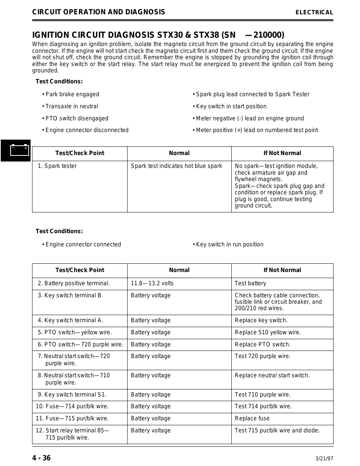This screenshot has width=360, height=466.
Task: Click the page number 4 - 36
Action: (x=41, y=458)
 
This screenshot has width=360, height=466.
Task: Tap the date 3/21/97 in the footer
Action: (x=324, y=459)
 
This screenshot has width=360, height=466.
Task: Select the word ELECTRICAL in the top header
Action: (x=314, y=12)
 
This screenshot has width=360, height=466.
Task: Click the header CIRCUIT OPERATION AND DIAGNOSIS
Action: (x=98, y=12)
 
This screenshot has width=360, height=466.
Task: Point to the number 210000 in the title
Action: (x=269, y=35)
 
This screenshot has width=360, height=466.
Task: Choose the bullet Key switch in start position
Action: (x=231, y=106)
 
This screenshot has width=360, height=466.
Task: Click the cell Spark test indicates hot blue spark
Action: (x=176, y=166)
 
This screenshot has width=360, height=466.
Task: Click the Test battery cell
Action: (x=250, y=283)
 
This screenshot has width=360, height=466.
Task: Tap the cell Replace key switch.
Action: (x=261, y=320)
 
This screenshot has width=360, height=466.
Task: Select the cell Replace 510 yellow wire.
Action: (x=268, y=332)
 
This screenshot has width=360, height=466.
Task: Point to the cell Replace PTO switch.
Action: (x=262, y=345)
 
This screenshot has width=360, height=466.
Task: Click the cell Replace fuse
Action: (x=252, y=418)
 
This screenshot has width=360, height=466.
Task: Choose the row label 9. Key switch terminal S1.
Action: (x=72, y=395)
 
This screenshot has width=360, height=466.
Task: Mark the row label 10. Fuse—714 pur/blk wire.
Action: (x=72, y=406)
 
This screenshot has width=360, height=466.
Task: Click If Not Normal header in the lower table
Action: (x=282, y=270)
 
